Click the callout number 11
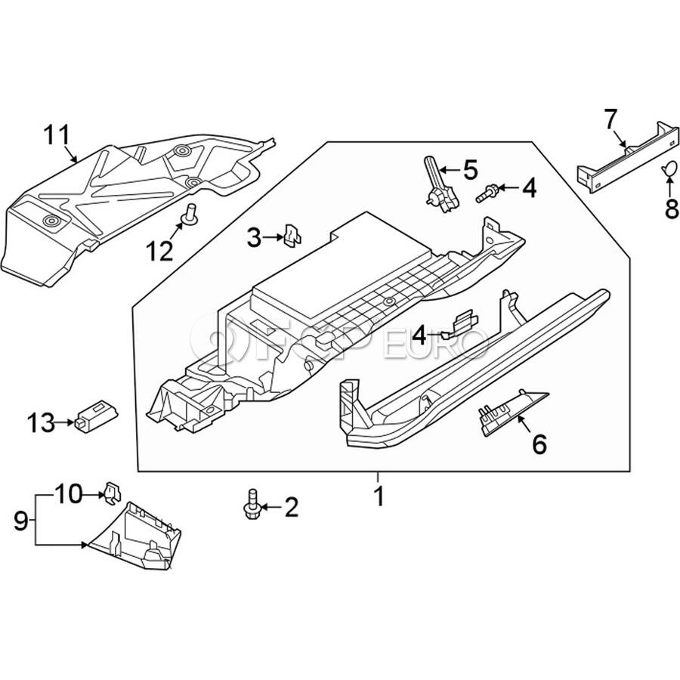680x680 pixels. coord(55,136)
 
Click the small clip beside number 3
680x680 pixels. coord(291,236)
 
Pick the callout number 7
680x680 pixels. coord(610,119)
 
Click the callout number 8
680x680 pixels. coord(672,209)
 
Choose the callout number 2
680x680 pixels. coord(291,507)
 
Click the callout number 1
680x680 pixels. coord(379,496)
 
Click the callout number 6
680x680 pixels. coord(539,444)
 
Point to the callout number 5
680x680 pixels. coord(471,169)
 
